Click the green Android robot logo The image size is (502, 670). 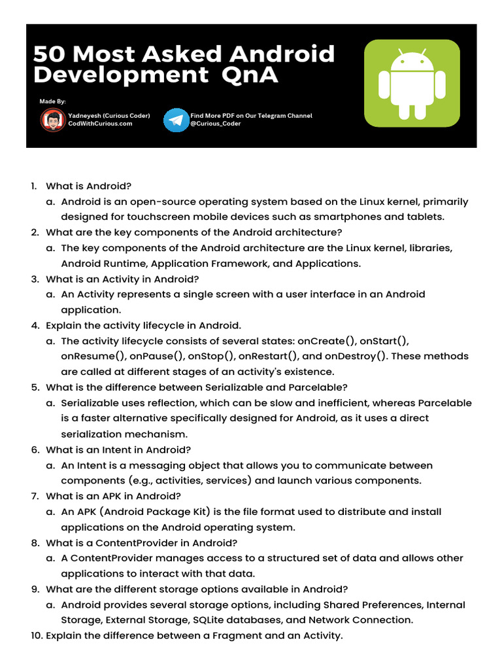pos(412,82)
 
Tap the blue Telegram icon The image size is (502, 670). pos(175,120)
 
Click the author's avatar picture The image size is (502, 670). pos(52,120)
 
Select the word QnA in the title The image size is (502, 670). pos(250,75)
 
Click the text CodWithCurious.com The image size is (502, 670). pos(100,124)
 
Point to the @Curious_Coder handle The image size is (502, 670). pos(216,124)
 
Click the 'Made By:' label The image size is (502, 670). pos(52,101)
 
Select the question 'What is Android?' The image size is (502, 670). pos(89,186)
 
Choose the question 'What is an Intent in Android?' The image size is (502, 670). pos(118,450)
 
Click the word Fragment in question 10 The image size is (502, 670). pos(246,635)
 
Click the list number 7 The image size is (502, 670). pos(35,496)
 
